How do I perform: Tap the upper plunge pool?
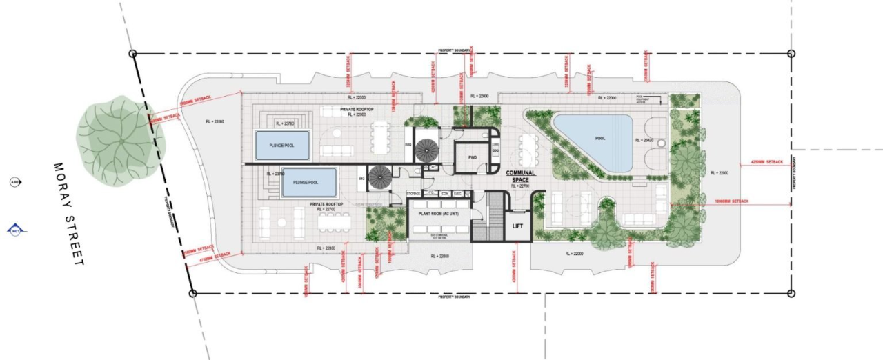[281, 145]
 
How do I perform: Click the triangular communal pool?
[595, 141]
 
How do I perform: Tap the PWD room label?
[473, 157]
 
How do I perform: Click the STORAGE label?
[413, 194]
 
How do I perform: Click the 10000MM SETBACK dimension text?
[732, 201]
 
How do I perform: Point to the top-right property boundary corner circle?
[791, 53]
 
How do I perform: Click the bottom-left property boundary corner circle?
[193, 293]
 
